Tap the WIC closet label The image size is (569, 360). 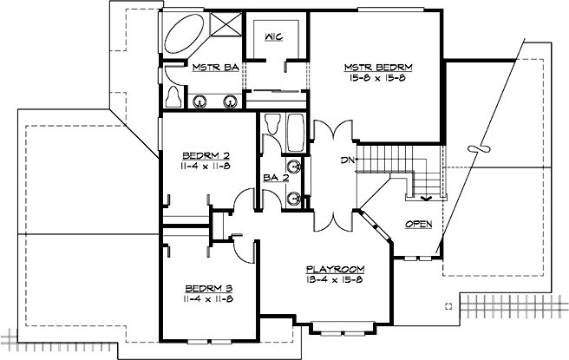[274, 37]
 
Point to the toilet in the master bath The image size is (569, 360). [173, 94]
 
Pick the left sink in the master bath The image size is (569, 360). [200, 100]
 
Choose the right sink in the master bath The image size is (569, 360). [232, 100]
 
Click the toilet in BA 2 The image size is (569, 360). [272, 128]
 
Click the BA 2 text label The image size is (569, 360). [274, 178]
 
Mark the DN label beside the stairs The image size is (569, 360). [345, 160]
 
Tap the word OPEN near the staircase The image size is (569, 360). [418, 225]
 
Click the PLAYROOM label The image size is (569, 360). [335, 269]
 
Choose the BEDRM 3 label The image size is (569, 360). [208, 288]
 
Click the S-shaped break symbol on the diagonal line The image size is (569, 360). [474, 149]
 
